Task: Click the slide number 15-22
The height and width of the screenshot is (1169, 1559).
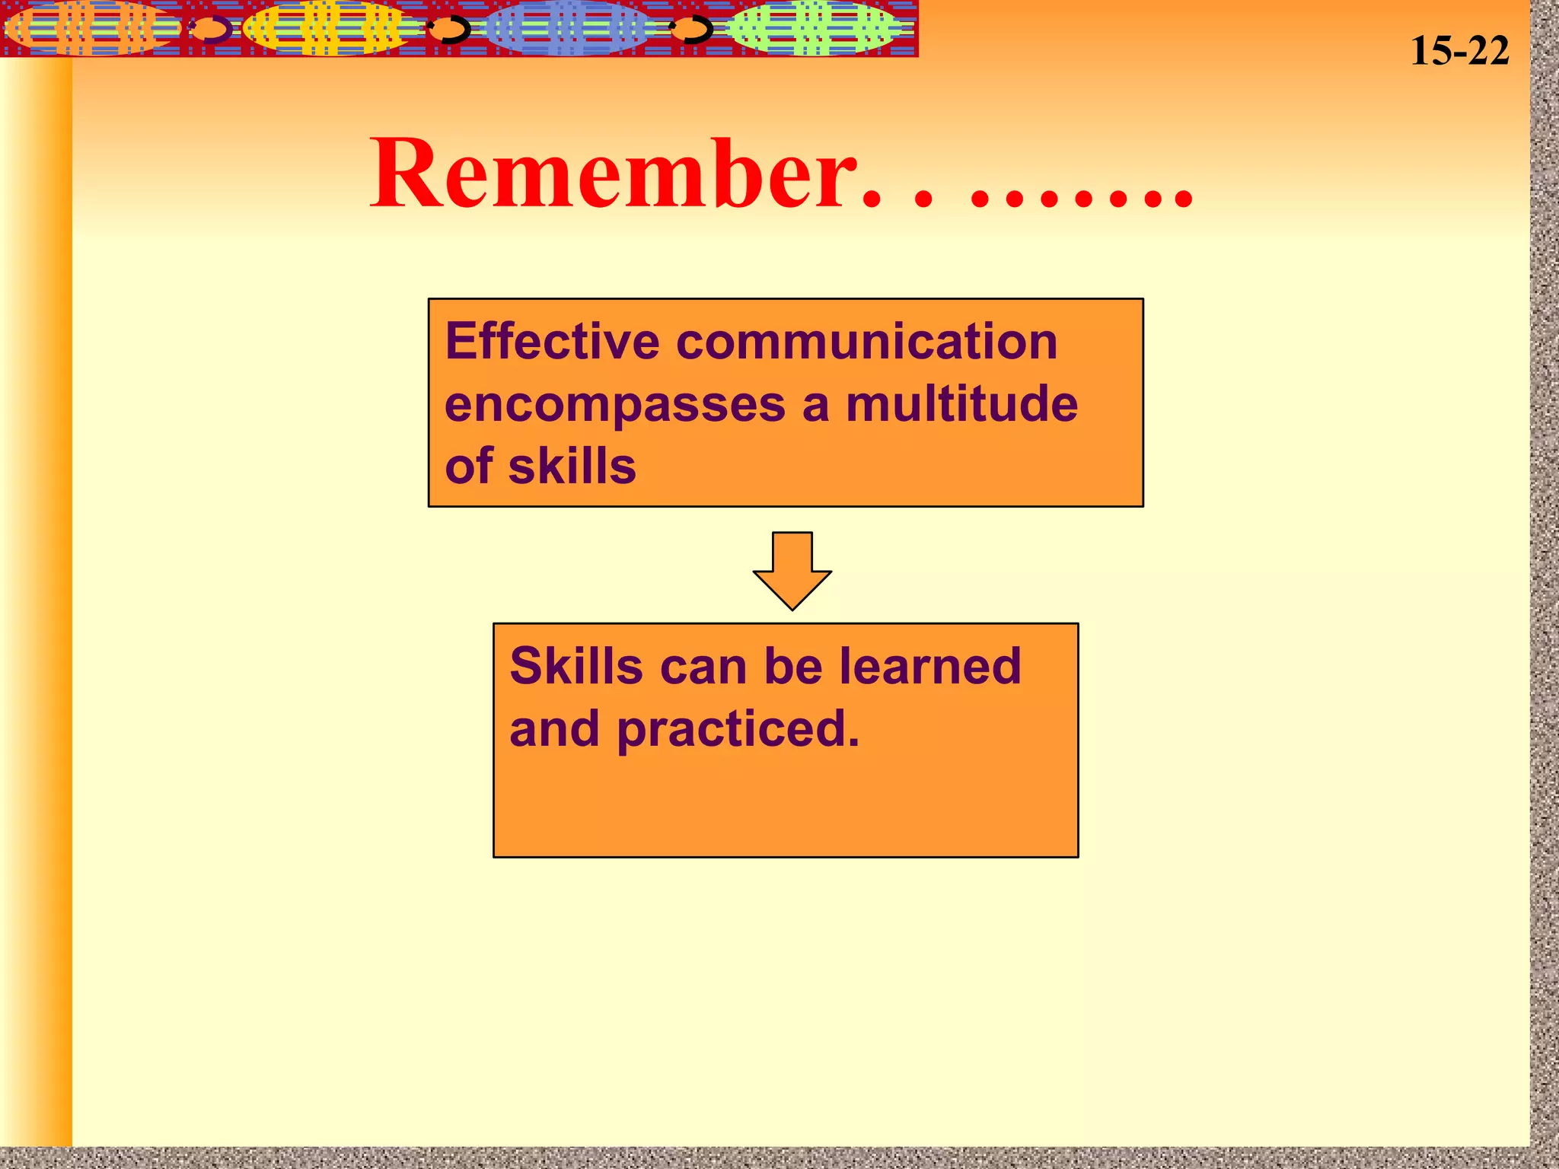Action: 1459,52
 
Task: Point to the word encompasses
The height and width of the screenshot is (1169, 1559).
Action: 614,405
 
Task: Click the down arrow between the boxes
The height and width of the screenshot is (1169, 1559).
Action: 792,571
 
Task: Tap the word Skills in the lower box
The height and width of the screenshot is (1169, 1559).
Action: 576,666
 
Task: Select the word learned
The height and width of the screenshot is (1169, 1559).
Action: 929,666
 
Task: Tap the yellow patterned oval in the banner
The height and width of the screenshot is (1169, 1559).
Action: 331,29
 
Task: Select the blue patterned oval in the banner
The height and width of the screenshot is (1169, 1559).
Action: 567,29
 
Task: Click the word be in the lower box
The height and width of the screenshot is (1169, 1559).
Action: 792,666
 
